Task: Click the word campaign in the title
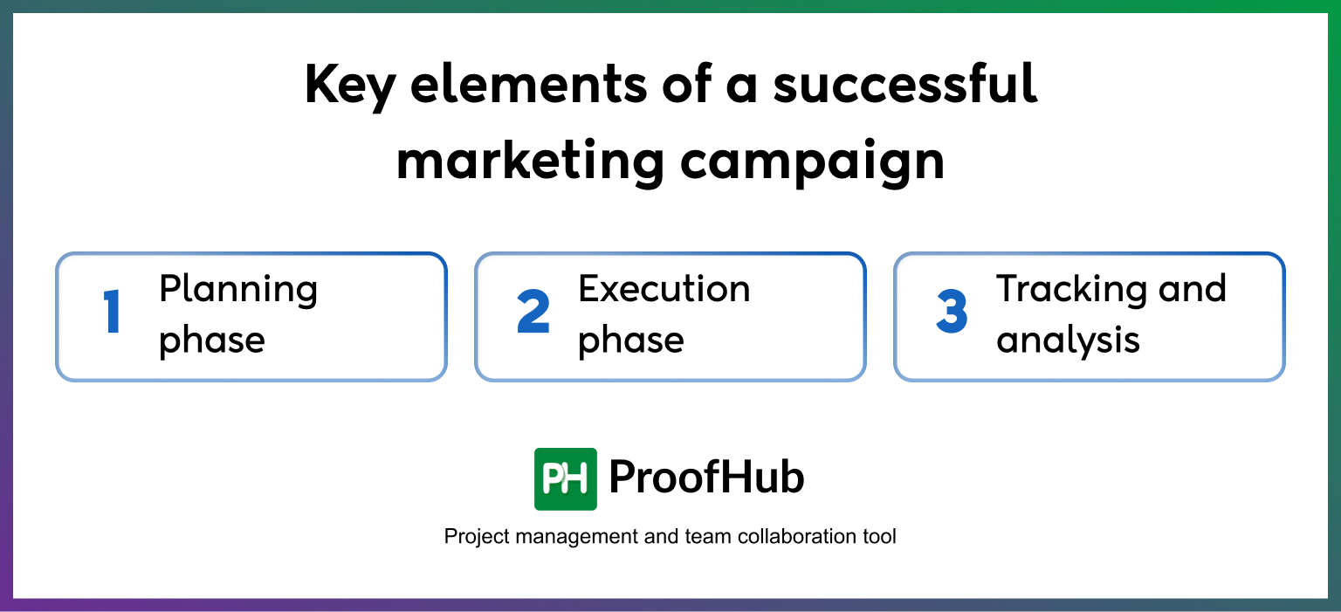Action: tap(812, 162)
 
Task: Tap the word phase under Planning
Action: tap(211, 340)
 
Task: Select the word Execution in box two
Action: tap(664, 289)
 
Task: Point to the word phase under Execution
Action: tap(630, 340)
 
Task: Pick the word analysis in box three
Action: tap(1068, 340)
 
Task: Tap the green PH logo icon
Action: tap(566, 478)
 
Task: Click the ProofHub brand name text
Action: tap(706, 478)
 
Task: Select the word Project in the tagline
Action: tap(477, 536)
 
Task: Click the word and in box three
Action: tap(1191, 289)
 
